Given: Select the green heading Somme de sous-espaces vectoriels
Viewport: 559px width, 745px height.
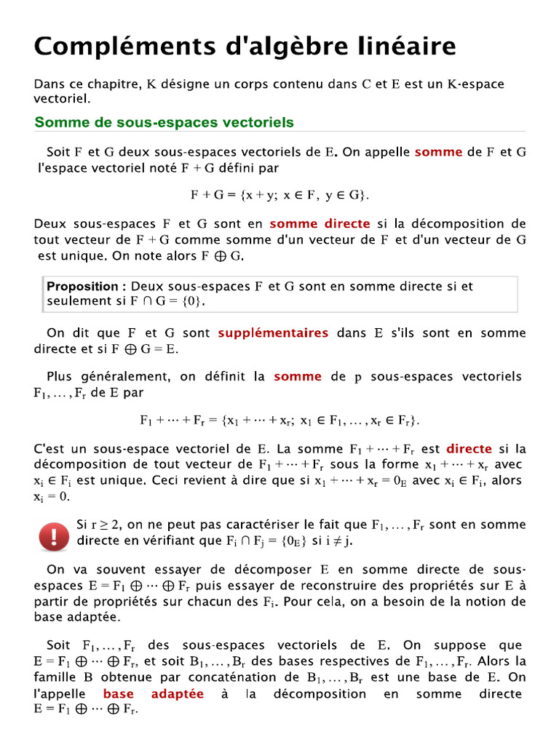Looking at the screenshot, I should tap(164, 122).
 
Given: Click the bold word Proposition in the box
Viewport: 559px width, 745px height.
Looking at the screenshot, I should tap(82, 287).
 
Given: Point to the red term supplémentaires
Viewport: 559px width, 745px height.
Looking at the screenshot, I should tap(273, 333).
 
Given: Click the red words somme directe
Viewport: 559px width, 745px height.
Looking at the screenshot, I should tap(320, 224).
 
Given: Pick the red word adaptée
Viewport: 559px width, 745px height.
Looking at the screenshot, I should tap(178, 694).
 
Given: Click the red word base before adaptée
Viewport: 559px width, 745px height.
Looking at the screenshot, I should tap(118, 694).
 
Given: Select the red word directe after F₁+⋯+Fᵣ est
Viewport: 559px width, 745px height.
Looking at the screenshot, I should tap(469, 449).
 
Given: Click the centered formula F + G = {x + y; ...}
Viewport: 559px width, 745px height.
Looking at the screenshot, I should tap(279, 196).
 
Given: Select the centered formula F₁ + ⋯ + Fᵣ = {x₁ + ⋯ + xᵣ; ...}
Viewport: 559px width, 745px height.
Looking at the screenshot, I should tap(279, 421).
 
